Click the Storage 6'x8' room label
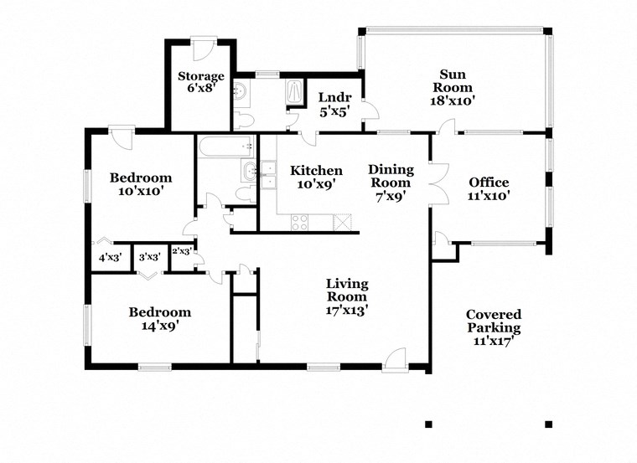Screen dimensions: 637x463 [x=200, y=82]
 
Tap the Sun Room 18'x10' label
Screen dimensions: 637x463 [x=453, y=87]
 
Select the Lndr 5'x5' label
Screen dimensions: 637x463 [x=334, y=105]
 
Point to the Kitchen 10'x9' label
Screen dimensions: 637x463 [x=316, y=177]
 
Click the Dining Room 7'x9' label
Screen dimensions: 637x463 [x=391, y=183]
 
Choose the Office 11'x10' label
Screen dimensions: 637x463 [x=489, y=188]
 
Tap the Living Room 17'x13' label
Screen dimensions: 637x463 [x=347, y=296]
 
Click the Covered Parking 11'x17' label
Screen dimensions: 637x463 [x=493, y=327]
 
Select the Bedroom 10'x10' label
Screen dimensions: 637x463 [x=141, y=184]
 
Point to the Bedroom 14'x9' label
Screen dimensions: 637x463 [x=159, y=318]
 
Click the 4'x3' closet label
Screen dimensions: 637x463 [x=111, y=257]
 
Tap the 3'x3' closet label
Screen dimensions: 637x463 [x=149, y=257]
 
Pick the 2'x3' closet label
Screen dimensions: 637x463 [x=182, y=251]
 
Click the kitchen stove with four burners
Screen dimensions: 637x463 [x=300, y=223]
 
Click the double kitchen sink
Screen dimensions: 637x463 [x=268, y=175]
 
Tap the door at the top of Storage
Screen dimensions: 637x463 [x=202, y=49]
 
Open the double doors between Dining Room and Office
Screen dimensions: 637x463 [x=438, y=184]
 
